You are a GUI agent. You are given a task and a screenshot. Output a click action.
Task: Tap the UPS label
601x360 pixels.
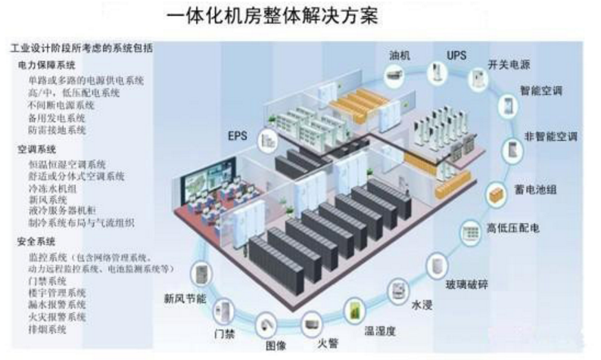pyautogui.click(x=456, y=56)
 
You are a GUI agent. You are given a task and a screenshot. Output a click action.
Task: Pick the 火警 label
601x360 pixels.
pyautogui.click(x=326, y=344)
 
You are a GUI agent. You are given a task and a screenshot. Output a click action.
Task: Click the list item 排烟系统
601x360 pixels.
pyautogui.click(x=46, y=329)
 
